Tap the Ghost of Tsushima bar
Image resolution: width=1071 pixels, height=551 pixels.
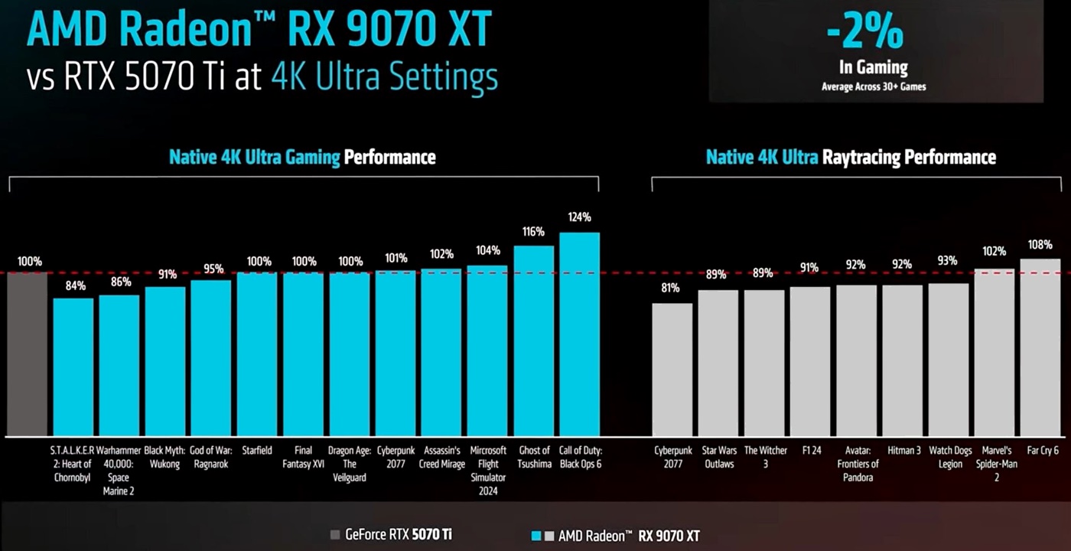pyautogui.click(x=533, y=341)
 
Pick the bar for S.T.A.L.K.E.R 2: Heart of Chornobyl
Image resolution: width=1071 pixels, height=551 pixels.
pyautogui.click(x=73, y=367)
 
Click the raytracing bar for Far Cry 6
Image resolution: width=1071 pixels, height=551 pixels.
pyautogui.click(x=1040, y=347)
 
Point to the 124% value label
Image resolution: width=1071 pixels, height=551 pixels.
pyautogui.click(x=579, y=217)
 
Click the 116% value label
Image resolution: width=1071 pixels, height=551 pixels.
pyautogui.click(x=533, y=231)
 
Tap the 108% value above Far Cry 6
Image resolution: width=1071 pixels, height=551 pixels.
pyautogui.click(x=1040, y=245)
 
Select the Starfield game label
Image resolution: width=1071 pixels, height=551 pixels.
pyautogui.click(x=257, y=451)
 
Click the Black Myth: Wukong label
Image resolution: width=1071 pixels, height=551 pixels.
pyautogui.click(x=165, y=458)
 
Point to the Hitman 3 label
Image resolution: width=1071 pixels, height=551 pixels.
pyautogui.click(x=903, y=451)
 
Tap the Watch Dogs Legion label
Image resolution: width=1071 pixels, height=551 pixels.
pyautogui.click(x=949, y=458)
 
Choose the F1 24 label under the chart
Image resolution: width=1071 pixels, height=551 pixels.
pyautogui.click(x=810, y=451)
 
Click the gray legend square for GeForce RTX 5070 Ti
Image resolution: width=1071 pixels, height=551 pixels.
pyautogui.click(x=335, y=535)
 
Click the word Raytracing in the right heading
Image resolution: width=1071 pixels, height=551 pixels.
pyautogui.click(x=861, y=158)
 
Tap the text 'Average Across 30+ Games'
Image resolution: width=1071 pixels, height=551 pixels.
pyautogui.click(x=874, y=86)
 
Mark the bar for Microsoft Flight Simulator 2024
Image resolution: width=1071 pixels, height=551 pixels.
pyautogui.click(x=487, y=351)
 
